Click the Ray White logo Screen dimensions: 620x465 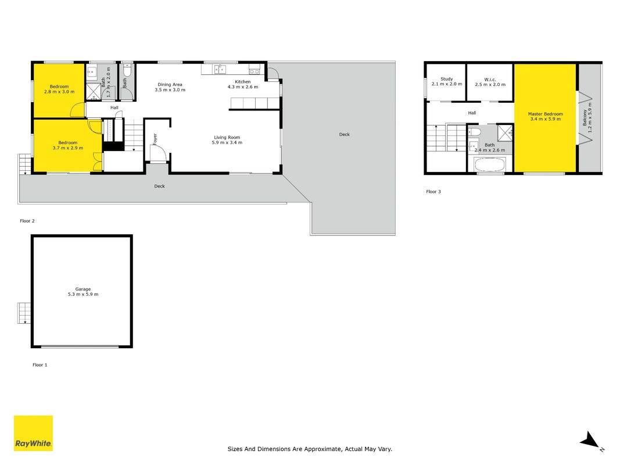point(33,433)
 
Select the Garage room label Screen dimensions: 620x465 point(83,292)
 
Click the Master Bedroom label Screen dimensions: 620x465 point(545,116)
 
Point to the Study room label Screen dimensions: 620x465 point(447,81)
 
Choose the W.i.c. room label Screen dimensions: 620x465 point(490,82)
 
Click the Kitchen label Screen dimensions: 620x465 point(243,84)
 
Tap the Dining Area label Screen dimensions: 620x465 point(170,87)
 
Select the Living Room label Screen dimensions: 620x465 point(227,140)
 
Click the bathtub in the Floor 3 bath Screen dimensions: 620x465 point(489,164)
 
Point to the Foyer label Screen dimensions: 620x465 point(155,139)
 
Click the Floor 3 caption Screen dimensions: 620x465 point(433,191)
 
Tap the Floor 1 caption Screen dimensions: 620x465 point(40,365)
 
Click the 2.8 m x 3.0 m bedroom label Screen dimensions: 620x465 point(59,89)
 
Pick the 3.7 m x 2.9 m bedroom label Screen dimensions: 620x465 point(68,145)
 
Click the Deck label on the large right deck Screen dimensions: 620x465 point(345,134)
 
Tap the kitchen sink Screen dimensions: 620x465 point(220,70)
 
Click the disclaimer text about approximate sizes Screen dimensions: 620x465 point(310,449)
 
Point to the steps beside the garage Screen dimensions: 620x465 point(24,313)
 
